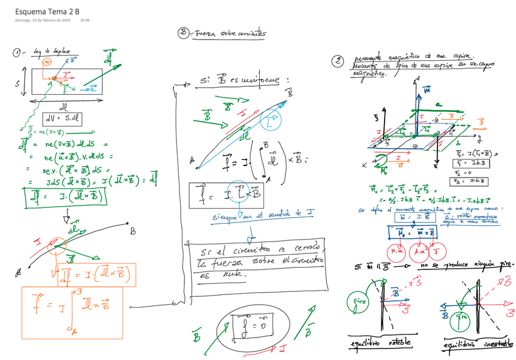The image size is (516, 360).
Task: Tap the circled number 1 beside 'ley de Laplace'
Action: point(17,53)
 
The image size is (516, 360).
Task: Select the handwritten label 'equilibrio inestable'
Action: point(476,344)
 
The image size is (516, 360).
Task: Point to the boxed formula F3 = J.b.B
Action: point(463,181)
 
